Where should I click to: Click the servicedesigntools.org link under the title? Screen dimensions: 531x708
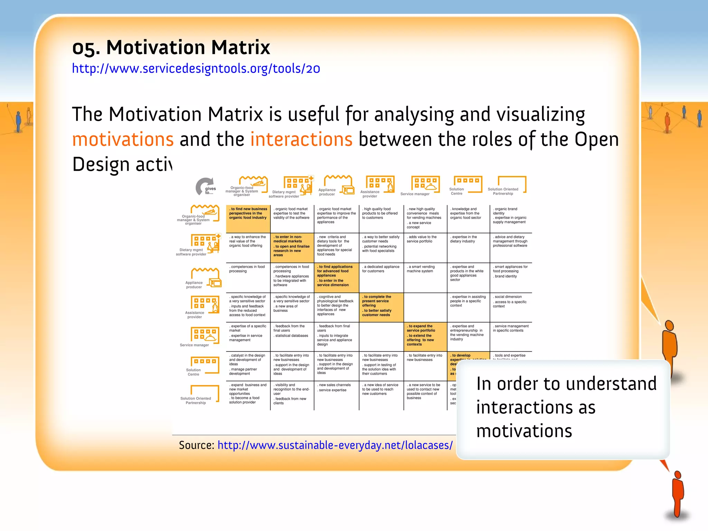(196, 69)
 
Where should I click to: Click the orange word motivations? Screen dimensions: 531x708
(123, 139)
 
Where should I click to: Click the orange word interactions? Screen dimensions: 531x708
(301, 139)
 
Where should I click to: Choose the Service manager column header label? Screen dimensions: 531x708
(415, 194)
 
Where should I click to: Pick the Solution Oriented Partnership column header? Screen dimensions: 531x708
(506, 187)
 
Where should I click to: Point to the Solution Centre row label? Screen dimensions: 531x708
(193, 372)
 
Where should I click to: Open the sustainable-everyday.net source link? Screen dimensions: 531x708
(335, 445)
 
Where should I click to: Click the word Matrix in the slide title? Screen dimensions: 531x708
(240, 47)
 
